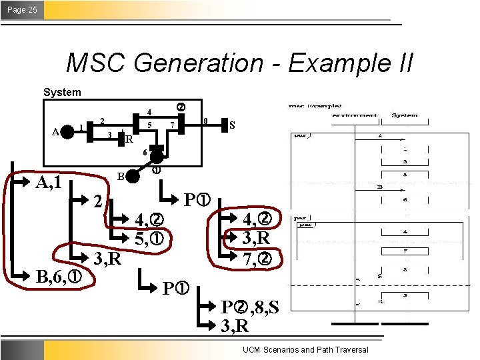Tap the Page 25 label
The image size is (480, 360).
pyautogui.click(x=22, y=9)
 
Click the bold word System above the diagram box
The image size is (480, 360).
pyautogui.click(x=62, y=92)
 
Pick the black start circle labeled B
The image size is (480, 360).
pyautogui.click(x=133, y=176)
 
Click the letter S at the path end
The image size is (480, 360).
pyautogui.click(x=232, y=125)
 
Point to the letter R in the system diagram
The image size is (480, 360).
pyautogui.click(x=129, y=140)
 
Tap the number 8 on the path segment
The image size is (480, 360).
pyautogui.click(x=205, y=121)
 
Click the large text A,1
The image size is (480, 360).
pyautogui.click(x=49, y=181)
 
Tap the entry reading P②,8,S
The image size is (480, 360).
pyautogui.click(x=250, y=307)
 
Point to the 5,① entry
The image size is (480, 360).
pyautogui.click(x=150, y=238)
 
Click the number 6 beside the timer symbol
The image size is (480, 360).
pyautogui.click(x=145, y=153)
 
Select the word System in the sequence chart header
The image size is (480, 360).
pyautogui.click(x=404, y=115)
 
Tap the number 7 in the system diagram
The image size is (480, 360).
pyautogui.click(x=172, y=125)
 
